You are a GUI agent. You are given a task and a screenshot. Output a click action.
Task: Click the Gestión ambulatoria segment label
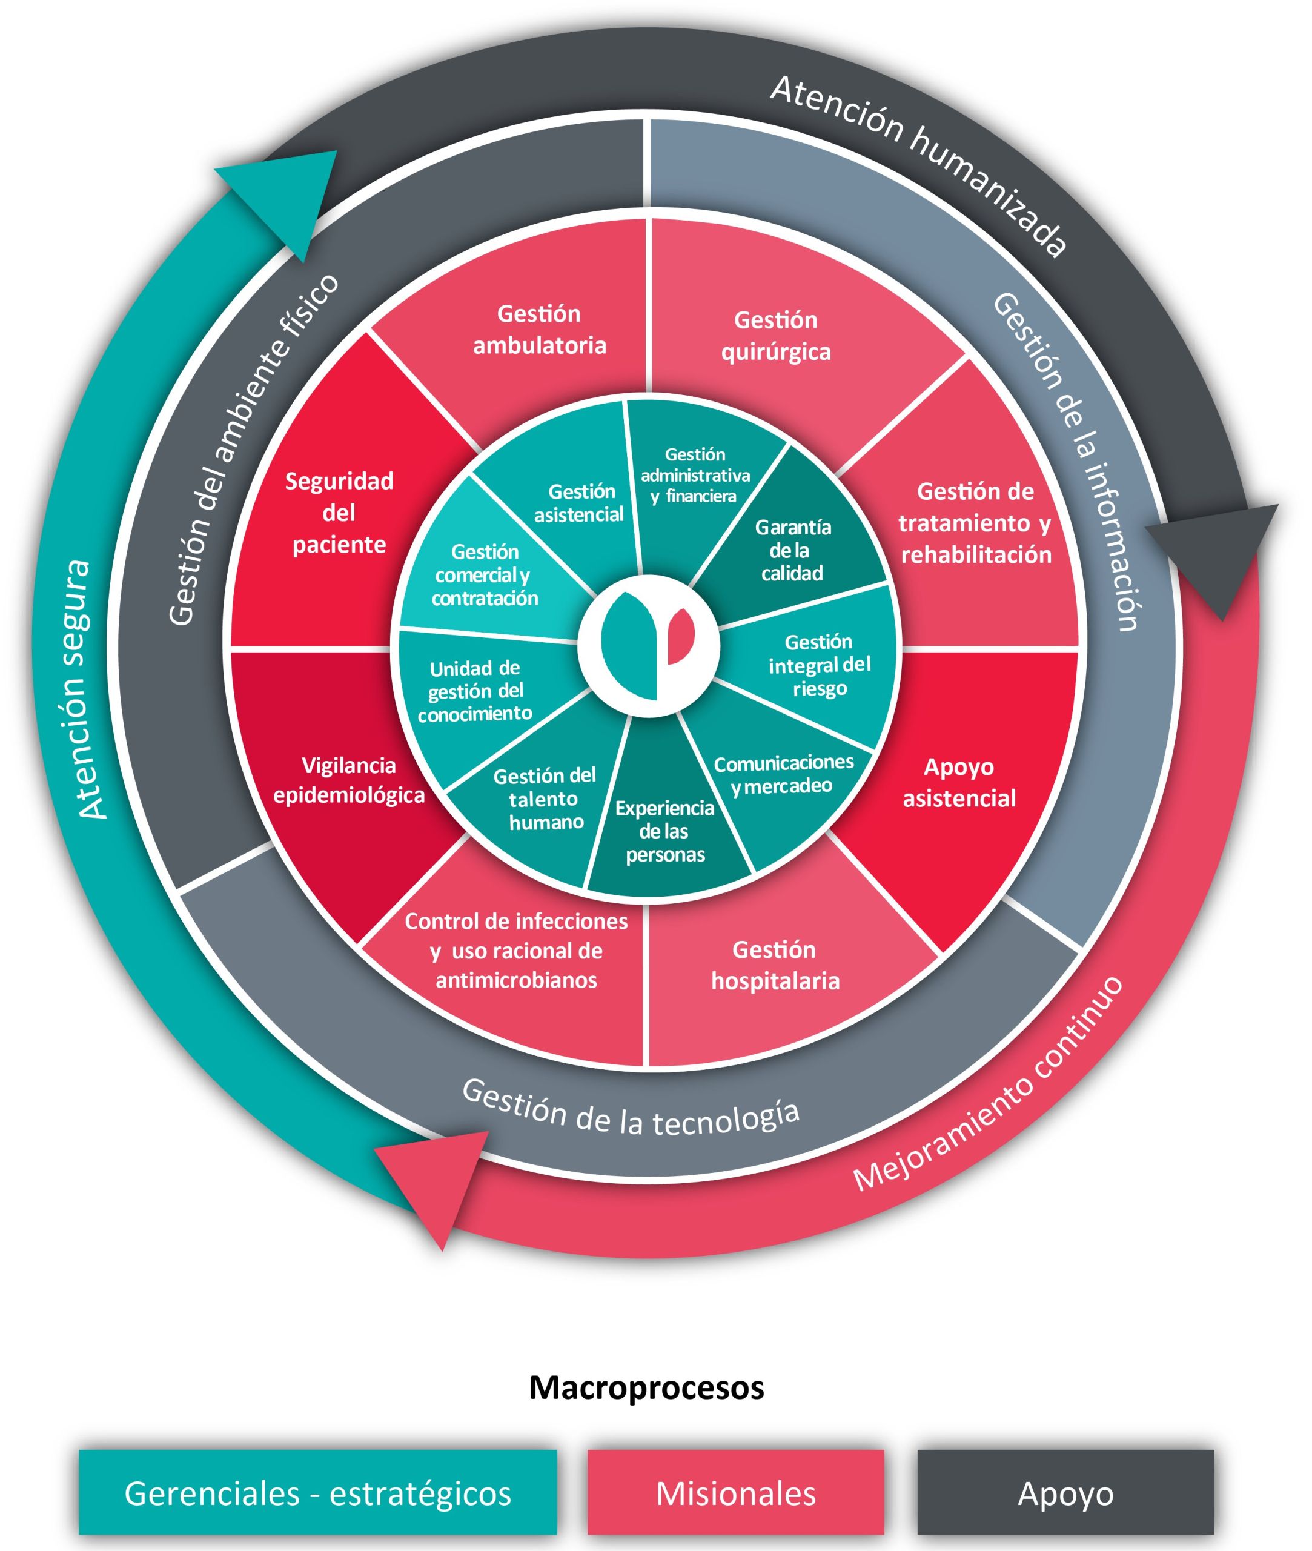[539, 330]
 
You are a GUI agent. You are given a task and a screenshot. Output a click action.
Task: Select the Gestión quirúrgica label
[776, 336]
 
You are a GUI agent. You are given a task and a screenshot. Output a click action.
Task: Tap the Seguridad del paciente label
[339, 513]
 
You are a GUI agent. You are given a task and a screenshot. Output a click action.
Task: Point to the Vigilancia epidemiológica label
[349, 780]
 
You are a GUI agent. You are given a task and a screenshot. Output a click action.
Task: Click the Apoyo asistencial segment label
[959, 783]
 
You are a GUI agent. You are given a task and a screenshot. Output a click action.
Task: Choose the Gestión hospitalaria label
[775, 965]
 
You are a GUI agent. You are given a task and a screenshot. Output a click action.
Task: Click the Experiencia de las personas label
[665, 831]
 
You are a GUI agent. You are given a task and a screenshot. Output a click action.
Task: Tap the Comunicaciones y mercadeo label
[783, 774]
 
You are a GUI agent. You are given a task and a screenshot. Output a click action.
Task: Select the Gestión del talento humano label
[545, 799]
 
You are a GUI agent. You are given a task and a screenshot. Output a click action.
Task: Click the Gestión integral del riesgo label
[819, 665]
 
